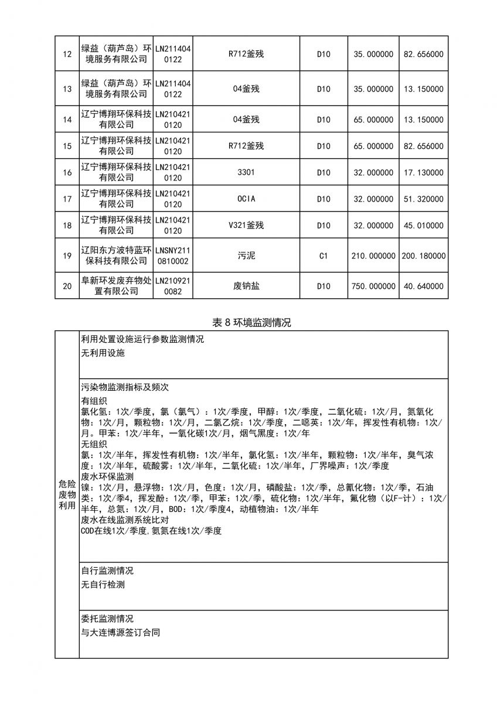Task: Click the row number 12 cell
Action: pos(67,54)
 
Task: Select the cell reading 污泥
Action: pos(246,255)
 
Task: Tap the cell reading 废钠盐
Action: pos(246,286)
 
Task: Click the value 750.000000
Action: pos(373,286)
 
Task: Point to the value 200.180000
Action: pos(424,255)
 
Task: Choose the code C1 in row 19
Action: pos(324,255)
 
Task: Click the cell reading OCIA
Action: pos(246,199)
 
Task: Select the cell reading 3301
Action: pos(246,173)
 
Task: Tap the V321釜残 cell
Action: pos(246,226)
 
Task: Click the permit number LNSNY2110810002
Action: pos(173,255)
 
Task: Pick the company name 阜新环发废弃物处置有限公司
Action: pos(115,286)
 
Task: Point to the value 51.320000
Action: pos(424,199)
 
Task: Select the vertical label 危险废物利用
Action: pos(67,494)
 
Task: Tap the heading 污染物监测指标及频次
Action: pos(125,388)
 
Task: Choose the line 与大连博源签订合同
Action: pos(120,633)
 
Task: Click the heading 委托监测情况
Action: pos(107,619)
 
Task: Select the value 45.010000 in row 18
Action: pos(424,226)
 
